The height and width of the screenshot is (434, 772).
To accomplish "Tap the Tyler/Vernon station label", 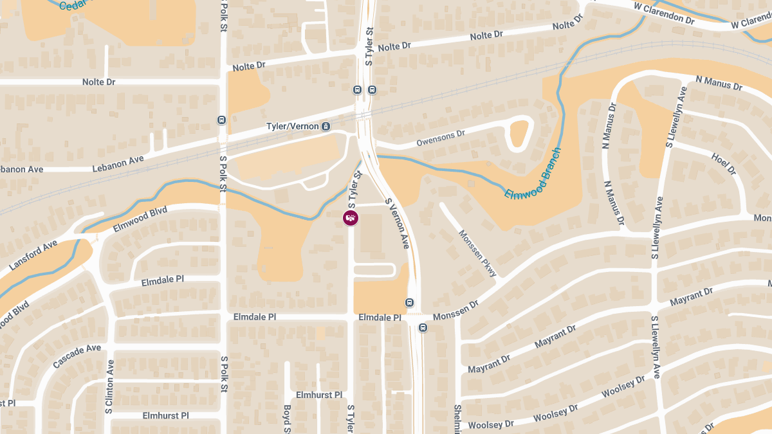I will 293,127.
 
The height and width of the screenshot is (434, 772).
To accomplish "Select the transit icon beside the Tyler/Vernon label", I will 326,127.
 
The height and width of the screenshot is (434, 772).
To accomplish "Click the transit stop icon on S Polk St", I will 221,120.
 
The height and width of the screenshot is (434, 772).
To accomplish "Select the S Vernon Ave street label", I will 397,223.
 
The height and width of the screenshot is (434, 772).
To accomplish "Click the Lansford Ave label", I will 33,255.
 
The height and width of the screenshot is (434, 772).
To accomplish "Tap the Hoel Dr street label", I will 724,164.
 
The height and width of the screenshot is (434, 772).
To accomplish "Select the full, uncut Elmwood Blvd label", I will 140,219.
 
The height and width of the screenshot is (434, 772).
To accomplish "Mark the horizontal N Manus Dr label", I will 719,83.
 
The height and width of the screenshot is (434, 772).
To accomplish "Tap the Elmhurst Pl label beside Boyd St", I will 319,395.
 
